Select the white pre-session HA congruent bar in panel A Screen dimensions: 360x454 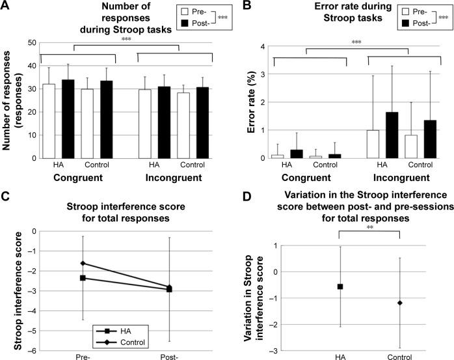point(49,120)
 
